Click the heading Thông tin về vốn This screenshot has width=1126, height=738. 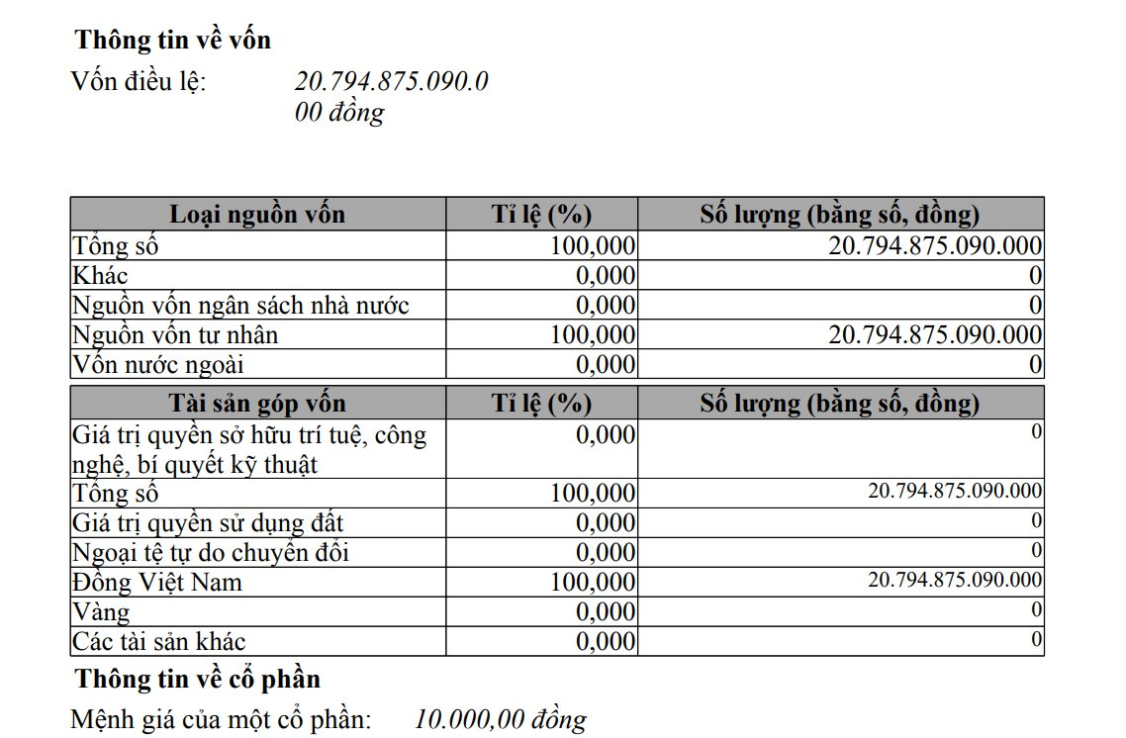(x=172, y=41)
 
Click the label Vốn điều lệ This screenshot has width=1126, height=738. (x=139, y=81)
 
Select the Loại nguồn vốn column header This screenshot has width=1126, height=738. (x=257, y=214)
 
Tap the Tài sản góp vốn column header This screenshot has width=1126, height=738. (x=257, y=403)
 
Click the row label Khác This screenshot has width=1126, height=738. (x=100, y=275)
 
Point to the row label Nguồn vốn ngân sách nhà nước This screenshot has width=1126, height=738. (x=240, y=305)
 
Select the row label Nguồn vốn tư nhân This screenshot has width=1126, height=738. (x=175, y=334)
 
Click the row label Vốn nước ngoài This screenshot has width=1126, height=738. (x=156, y=364)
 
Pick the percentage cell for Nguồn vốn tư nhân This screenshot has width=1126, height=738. (x=593, y=334)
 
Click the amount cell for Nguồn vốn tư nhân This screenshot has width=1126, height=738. (x=935, y=334)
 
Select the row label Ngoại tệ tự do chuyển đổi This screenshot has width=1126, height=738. (x=211, y=551)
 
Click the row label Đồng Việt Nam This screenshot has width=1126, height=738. (x=157, y=581)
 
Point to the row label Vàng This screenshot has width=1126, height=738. (x=101, y=611)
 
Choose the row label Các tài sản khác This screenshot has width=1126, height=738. (x=159, y=641)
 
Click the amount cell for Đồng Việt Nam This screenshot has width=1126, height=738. (x=955, y=580)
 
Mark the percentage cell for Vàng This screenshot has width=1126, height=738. (x=605, y=611)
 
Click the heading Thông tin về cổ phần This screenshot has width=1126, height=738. (x=197, y=679)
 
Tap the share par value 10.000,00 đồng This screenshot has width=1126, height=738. (x=501, y=719)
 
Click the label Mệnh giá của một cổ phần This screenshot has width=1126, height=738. (x=221, y=719)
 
